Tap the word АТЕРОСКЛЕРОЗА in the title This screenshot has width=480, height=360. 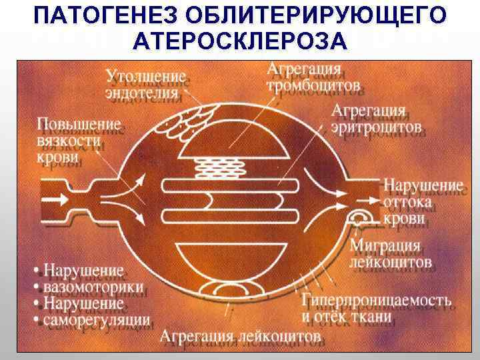tap(240, 42)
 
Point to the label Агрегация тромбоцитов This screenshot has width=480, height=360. tap(313, 77)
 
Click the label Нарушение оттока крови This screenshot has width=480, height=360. tap(423, 201)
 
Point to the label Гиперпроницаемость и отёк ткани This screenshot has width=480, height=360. tap(376, 306)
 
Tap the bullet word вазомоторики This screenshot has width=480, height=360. tap(93, 287)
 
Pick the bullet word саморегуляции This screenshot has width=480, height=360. tap(97, 319)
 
